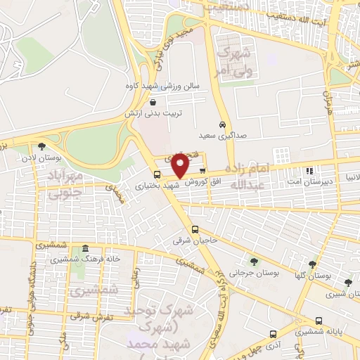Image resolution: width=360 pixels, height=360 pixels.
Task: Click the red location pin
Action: [x=180, y=166]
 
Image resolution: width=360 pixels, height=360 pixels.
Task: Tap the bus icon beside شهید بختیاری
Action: [x=157, y=174]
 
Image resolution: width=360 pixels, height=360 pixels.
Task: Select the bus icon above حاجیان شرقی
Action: [x=195, y=229]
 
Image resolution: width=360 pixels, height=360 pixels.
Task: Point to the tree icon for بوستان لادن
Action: [x=42, y=146]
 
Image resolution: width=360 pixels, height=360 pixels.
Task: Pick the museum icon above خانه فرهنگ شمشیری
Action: [x=85, y=249]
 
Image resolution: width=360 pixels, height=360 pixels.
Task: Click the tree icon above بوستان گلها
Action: [x=312, y=264]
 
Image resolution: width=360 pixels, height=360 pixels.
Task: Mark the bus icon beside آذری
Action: [x=273, y=335]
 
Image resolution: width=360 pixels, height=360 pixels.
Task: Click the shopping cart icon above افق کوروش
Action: [x=202, y=170]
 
